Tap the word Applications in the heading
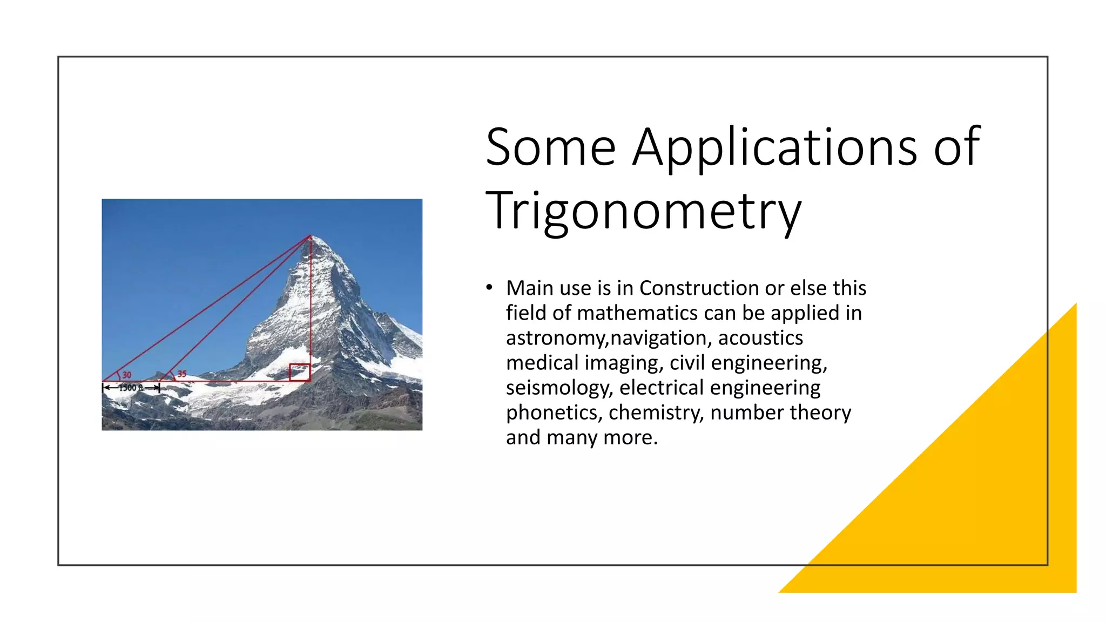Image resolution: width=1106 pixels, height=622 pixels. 774,147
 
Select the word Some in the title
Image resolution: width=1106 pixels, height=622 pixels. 550,147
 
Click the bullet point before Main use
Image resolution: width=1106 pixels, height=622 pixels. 489,288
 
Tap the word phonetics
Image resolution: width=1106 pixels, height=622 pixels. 552,413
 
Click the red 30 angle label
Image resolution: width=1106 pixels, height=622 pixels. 127,375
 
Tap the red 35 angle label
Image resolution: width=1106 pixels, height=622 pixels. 182,374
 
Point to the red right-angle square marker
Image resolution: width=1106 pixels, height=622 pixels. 299,373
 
